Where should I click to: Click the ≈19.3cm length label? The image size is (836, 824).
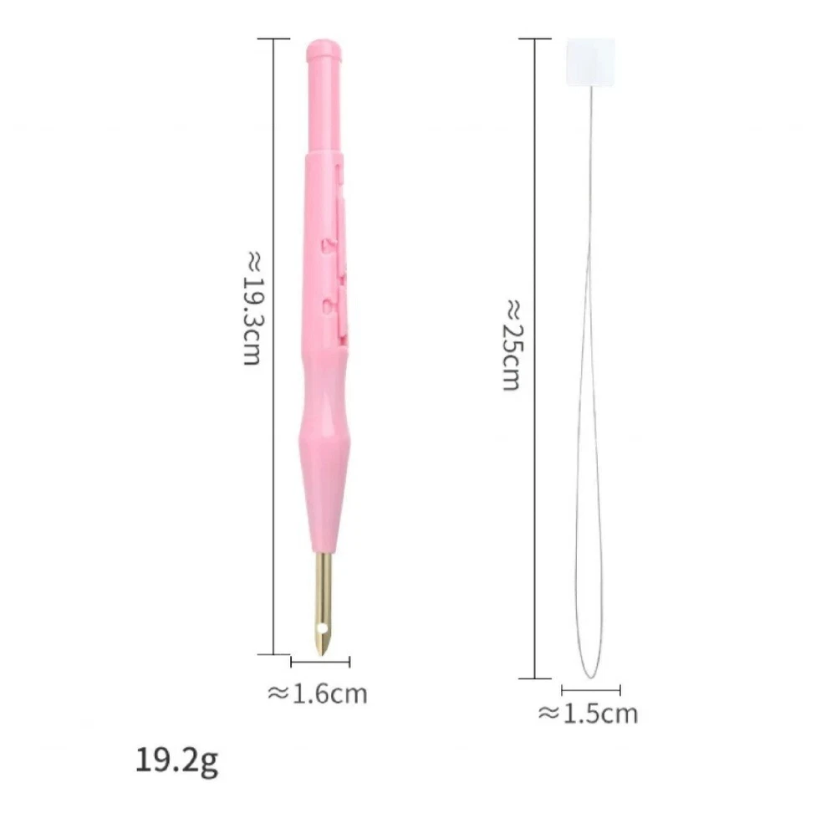pyautogui.click(x=252, y=309)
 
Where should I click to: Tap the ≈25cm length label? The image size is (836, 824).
pyautogui.click(x=513, y=345)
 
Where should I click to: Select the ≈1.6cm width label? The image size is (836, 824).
pyautogui.click(x=317, y=693)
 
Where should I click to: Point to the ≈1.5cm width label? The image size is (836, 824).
pyautogui.click(x=588, y=714)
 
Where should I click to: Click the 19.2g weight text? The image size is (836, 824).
pyautogui.click(x=176, y=760)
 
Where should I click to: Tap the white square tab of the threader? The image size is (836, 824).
pyautogui.click(x=590, y=61)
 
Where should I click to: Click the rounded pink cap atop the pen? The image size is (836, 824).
pyautogui.click(x=324, y=51)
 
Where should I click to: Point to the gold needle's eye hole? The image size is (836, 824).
pyautogui.click(x=322, y=627)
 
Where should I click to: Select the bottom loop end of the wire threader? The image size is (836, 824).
pyautogui.click(x=591, y=677)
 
